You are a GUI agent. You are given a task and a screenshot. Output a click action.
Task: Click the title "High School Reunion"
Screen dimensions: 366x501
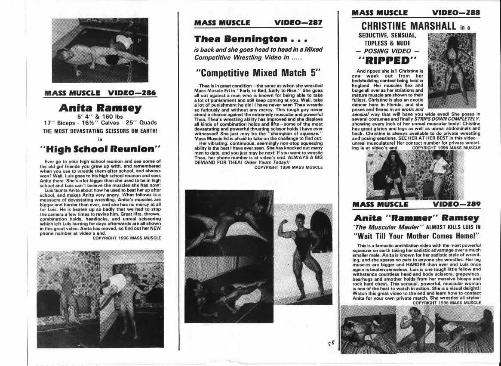pos(100,149)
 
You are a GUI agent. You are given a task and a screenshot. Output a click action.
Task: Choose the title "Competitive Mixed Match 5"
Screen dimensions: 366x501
pos(258,72)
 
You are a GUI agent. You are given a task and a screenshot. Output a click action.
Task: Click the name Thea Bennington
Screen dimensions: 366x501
pos(240,39)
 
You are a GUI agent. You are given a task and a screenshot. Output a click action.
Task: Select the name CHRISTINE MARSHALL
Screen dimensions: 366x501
pos(409,26)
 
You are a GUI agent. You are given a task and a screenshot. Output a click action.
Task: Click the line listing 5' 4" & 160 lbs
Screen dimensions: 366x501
pos(100,116)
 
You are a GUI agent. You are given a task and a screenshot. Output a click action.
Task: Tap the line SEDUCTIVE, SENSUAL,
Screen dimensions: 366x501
pos(387,35)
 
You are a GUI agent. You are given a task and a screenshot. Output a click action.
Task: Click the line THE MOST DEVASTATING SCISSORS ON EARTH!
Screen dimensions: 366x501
pos(100,130)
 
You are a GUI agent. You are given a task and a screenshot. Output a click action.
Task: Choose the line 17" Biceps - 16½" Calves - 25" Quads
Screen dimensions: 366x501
pos(100,123)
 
